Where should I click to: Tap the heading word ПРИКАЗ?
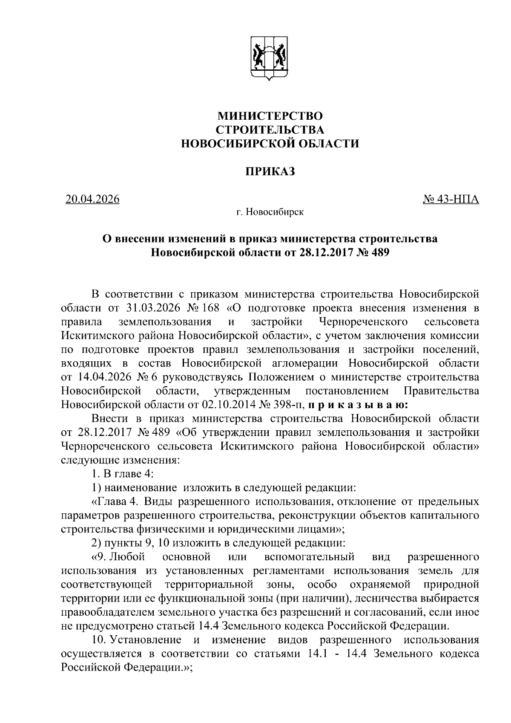point(270,172)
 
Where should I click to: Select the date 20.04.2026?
point(92,199)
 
